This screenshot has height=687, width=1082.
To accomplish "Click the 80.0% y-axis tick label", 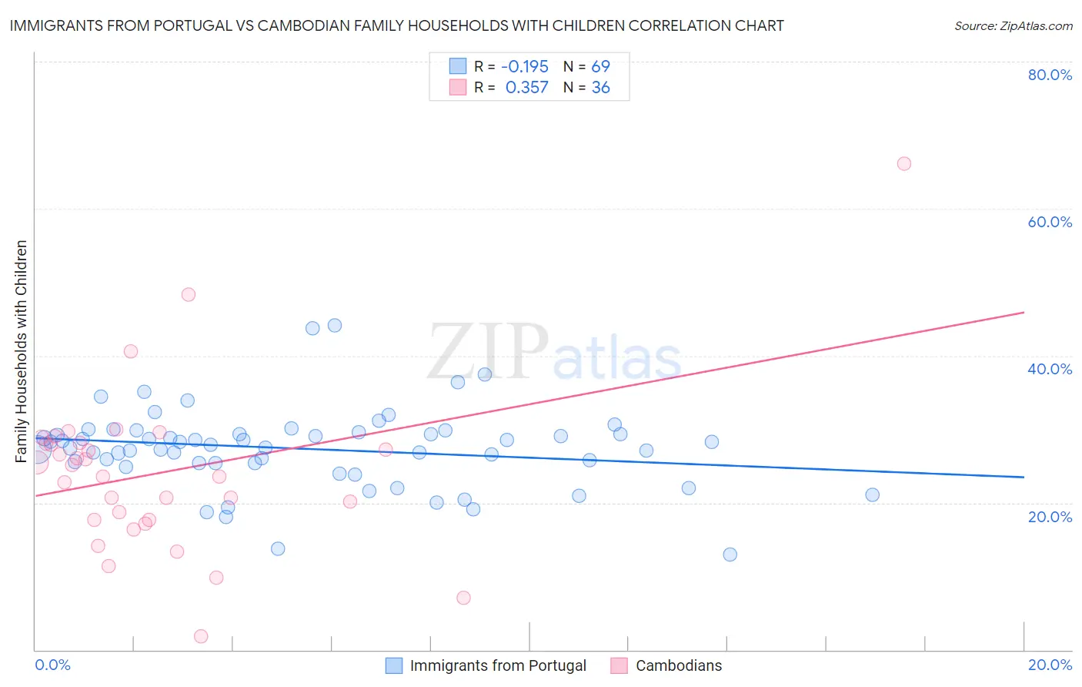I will tap(1050, 75).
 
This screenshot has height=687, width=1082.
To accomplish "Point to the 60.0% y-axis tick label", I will tap(1050, 222).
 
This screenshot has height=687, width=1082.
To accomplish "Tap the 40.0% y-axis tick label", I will tap(1050, 369).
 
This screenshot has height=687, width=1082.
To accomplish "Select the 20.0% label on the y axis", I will tap(1050, 517).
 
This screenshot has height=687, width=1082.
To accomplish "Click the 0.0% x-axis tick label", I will tap(52, 665).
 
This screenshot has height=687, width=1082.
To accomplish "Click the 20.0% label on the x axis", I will tap(1050, 665).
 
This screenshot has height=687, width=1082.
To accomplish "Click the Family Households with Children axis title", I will tap(22, 351).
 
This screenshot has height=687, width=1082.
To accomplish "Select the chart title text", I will tap(396, 25).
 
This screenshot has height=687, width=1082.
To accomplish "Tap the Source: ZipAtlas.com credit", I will tap(1013, 26).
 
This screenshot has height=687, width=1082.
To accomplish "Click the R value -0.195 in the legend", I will tap(526, 66).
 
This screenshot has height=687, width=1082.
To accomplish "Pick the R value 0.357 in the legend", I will tap(526, 88).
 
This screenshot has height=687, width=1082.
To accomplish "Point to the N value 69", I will tap(600, 66).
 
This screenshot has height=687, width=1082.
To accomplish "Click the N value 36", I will tap(600, 88).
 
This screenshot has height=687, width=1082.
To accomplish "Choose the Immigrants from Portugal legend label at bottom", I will tap(498, 665).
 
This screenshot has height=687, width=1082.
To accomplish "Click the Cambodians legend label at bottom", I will tap(679, 665).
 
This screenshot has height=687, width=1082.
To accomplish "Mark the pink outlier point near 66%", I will tap(904, 163).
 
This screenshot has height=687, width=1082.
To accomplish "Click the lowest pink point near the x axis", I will tap(201, 636).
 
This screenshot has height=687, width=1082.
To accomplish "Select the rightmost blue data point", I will tap(872, 494).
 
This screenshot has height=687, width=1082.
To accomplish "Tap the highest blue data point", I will tap(335, 325).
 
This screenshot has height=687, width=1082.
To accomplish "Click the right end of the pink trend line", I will tap(1024, 312).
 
